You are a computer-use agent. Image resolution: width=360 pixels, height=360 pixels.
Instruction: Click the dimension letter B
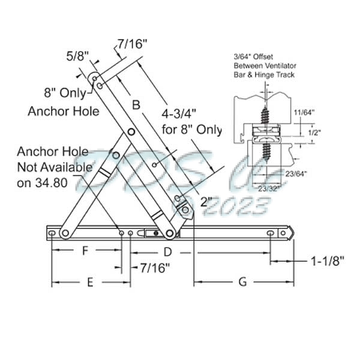136,104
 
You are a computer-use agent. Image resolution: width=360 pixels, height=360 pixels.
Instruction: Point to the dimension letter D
168,251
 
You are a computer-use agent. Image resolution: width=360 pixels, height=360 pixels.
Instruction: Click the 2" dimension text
207,202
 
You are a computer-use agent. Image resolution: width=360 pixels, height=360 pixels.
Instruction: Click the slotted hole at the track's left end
53,233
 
